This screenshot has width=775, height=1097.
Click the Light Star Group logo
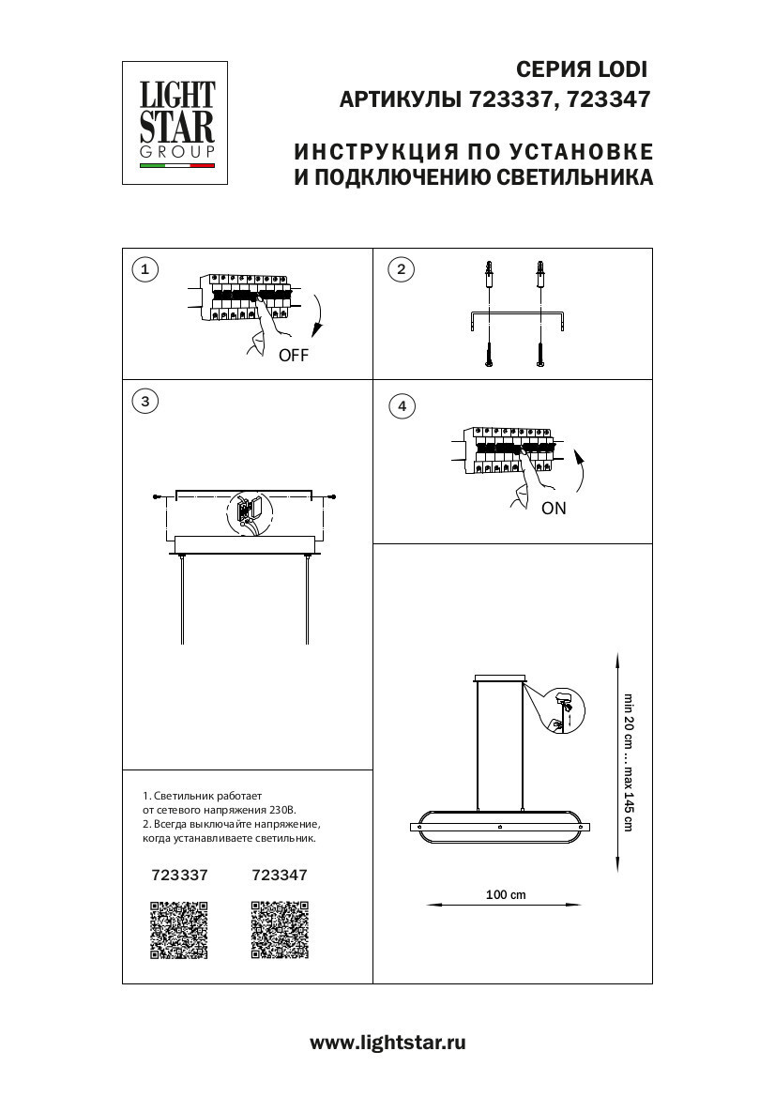[177, 122]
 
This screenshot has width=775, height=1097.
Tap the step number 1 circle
[144, 270]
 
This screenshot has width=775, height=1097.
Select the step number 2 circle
[401, 270]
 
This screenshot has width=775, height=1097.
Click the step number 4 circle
[402, 405]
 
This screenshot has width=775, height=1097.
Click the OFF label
[293, 356]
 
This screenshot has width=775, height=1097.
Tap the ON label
[554, 509]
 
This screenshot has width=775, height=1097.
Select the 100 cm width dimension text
[506, 894]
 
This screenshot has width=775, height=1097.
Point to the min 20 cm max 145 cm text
[629, 762]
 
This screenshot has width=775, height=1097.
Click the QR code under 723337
[179, 930]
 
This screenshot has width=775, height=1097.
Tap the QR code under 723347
[281, 930]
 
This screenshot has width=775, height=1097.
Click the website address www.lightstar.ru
[387, 1042]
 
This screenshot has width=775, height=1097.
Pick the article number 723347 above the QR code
[281, 875]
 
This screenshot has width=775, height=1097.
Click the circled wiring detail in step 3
[248, 514]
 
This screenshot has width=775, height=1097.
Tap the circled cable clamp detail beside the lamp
[562, 709]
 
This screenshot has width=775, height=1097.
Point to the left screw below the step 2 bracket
[490, 355]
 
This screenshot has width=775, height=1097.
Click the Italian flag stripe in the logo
[177, 166]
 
